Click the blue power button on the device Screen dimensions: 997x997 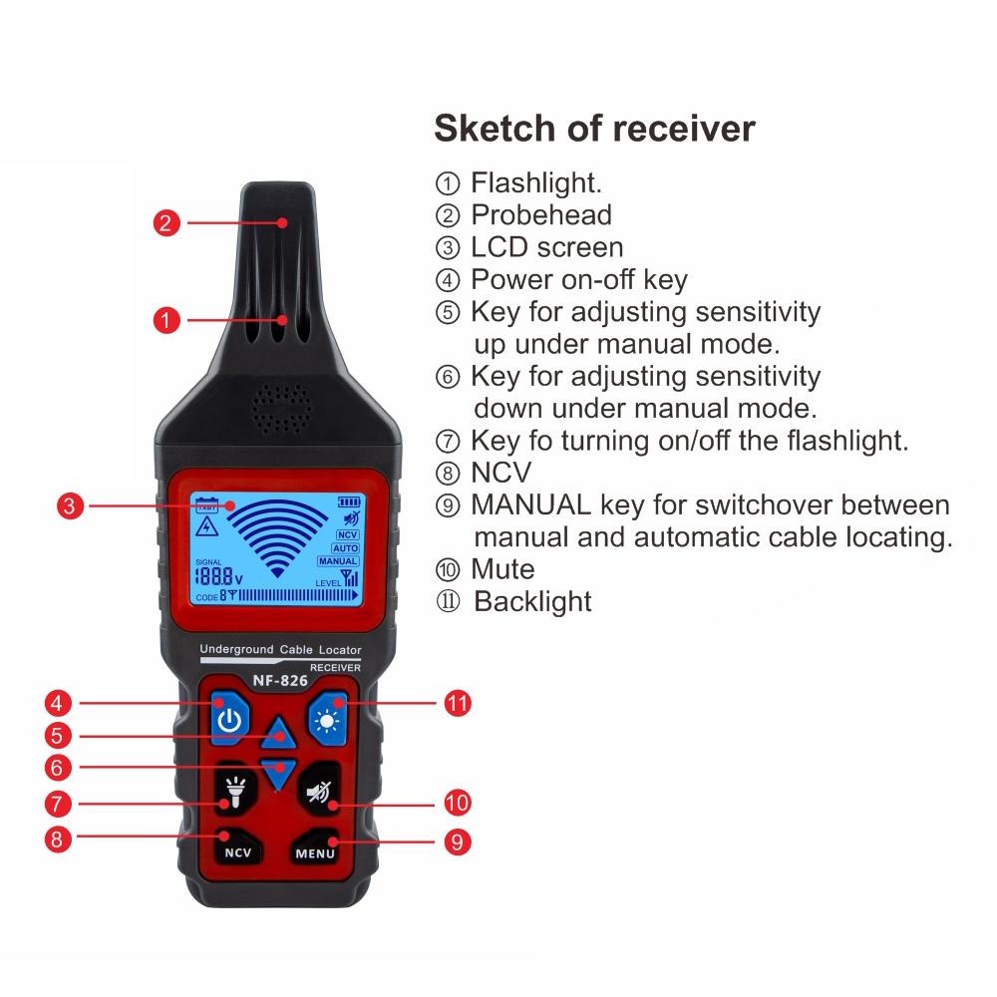coord(229,719)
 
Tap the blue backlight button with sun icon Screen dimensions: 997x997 coord(328,718)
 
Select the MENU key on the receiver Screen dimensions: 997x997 coord(316,850)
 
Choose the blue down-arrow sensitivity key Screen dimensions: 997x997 coord(279,771)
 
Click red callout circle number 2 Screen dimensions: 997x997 coord(167,222)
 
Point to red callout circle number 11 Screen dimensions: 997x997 coord(457,703)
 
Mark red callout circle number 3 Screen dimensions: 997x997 coord(69,505)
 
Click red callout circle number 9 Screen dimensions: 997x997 coord(457,841)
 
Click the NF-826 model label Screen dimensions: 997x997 coord(279,681)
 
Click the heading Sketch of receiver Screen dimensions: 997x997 coord(594,129)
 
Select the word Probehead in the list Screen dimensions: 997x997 coord(540,214)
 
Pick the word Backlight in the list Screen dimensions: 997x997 coord(532,601)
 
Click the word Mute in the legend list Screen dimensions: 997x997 coord(502,569)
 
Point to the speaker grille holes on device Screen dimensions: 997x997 coord(280,409)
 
